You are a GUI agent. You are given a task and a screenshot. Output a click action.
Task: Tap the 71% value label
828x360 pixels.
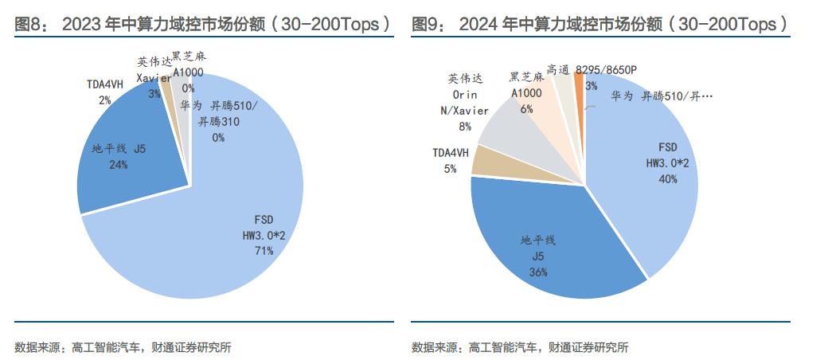click(x=264, y=251)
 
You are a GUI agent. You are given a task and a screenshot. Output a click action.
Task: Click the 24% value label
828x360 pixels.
click(x=117, y=164)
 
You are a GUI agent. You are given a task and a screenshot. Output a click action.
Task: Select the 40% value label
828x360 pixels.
click(x=667, y=179)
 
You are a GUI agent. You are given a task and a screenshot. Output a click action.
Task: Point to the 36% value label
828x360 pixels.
click(x=538, y=272)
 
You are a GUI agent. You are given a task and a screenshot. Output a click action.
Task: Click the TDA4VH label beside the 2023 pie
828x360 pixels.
click(x=104, y=84)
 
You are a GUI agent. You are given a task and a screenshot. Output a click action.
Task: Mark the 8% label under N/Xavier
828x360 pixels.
click(x=464, y=126)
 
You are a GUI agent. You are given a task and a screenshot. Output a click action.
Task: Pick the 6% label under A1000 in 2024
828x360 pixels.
click(x=526, y=110)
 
